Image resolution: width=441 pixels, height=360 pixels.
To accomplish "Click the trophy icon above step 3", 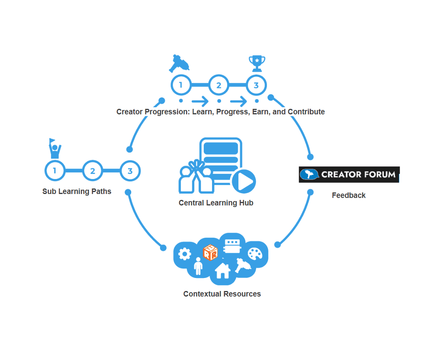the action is (257, 63).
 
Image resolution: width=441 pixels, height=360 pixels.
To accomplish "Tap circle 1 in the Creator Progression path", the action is (181, 85).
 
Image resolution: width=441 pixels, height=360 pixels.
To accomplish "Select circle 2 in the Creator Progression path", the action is (219, 85).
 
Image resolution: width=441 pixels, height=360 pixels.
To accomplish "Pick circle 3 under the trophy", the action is (256, 85).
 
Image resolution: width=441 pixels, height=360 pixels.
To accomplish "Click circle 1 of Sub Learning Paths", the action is (55, 171).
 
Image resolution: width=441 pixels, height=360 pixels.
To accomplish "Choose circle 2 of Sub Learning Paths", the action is (93, 171).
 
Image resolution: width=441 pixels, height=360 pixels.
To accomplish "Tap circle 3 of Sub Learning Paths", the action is (130, 171).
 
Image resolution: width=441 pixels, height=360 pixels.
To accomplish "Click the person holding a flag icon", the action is (55, 148).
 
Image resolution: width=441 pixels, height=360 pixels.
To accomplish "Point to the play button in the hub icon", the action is (244, 181).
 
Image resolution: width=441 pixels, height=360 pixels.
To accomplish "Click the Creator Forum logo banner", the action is (349, 175).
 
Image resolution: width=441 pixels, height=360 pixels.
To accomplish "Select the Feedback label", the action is (349, 195).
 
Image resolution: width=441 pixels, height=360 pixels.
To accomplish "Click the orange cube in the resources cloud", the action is (210, 252).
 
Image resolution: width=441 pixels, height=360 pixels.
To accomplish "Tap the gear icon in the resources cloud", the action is (184, 254).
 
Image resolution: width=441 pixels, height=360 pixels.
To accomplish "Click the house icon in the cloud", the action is (222, 270).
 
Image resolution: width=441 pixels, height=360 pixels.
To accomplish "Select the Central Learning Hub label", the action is (216, 203).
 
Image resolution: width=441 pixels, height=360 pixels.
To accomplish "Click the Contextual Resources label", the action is (222, 294).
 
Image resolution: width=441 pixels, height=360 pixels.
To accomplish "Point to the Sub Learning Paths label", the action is (77, 191).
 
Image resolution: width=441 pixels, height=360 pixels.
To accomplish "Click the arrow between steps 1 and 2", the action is (200, 101).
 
